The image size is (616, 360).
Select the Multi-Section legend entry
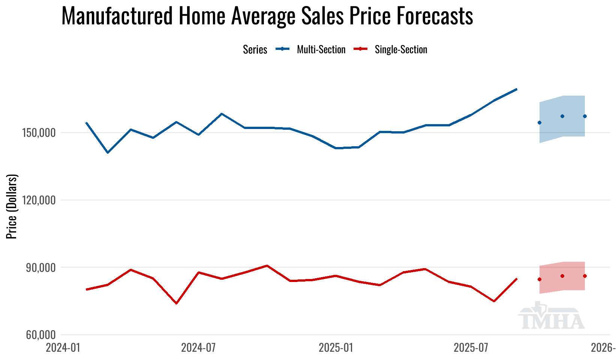coord(321,49)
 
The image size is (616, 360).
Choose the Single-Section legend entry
coord(401,49)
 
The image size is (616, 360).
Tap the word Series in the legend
coord(255,49)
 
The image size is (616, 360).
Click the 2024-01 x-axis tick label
coord(63,348)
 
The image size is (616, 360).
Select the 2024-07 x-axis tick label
coord(198,348)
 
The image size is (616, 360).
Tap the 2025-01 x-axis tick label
coord(336,348)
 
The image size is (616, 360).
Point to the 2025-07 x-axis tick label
coord(471,348)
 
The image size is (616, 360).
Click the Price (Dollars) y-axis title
coord(12,206)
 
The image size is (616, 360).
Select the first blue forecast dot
coord(540,123)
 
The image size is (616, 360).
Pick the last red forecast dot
coord(585,276)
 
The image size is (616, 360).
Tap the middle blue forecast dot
coord(562,116)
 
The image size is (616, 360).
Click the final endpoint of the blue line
coord(517,89)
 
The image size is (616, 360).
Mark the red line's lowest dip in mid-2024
coord(176,303)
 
